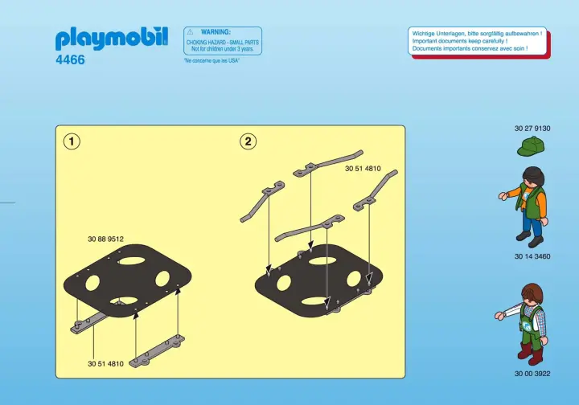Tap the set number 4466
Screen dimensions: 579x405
(x=70, y=59)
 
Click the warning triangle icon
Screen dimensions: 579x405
(x=190, y=32)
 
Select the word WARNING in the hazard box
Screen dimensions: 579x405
(x=216, y=32)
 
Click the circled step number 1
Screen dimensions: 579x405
(x=72, y=141)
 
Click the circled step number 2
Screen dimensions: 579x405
(x=248, y=141)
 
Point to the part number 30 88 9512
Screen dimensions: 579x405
(x=105, y=239)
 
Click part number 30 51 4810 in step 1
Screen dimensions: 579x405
(x=105, y=364)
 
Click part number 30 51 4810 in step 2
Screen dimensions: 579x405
(x=363, y=169)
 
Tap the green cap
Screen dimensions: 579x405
(x=530, y=146)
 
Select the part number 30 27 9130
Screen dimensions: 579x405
(x=532, y=129)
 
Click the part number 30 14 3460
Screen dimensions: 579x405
(x=532, y=256)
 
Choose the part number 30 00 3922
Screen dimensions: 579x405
(x=532, y=374)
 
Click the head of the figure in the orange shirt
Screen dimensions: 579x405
(x=535, y=176)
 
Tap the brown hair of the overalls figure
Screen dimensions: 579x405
(x=532, y=292)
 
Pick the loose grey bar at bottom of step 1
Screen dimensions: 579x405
(x=158, y=351)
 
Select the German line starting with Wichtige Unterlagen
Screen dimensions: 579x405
(x=477, y=34)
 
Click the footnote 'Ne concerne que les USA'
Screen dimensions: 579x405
(x=211, y=60)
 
